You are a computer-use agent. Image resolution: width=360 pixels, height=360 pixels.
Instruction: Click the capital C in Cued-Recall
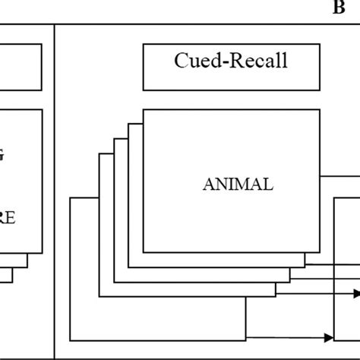pos(182,62)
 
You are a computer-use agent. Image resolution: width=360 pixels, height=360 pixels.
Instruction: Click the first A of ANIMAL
pos(208,184)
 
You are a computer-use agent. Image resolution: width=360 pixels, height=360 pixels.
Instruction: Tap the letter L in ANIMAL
pos(267,184)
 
